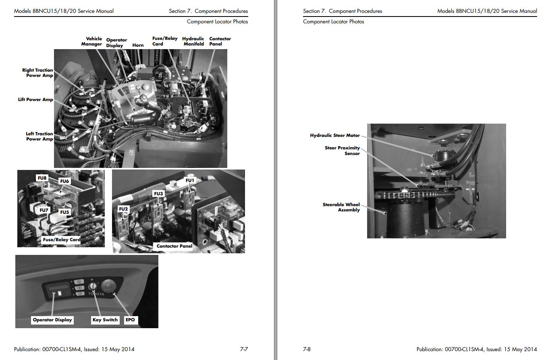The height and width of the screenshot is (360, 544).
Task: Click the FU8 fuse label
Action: click(42, 178)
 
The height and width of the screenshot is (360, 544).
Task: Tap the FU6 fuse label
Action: click(64, 181)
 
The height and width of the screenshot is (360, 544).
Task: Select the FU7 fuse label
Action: click(44, 210)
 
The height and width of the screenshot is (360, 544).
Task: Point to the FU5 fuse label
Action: click(64, 212)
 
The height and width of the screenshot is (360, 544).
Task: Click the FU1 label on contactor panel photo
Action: click(190, 180)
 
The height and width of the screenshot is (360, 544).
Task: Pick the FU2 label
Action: click(123, 209)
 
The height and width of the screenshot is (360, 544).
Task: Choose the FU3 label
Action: click(158, 194)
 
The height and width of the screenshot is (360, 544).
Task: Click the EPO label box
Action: click(130, 320)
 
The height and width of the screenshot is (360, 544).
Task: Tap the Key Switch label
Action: click(105, 320)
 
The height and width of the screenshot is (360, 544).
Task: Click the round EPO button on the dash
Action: click(108, 286)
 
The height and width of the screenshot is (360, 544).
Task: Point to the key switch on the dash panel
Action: click(93, 286)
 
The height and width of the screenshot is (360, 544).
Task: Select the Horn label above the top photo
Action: click(138, 45)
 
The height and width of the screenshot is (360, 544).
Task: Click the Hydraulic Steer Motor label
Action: click(335, 135)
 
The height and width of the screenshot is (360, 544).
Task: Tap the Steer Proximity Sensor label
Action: click(343, 151)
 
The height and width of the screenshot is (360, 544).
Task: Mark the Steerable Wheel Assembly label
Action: click(341, 207)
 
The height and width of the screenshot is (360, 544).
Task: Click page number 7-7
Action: click(244, 349)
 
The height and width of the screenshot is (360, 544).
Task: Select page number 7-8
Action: click(307, 349)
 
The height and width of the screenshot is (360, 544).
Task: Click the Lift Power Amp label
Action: click(35, 99)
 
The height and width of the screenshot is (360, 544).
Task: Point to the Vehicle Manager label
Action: click(91, 41)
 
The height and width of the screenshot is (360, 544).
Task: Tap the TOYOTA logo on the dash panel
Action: click(96, 294)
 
